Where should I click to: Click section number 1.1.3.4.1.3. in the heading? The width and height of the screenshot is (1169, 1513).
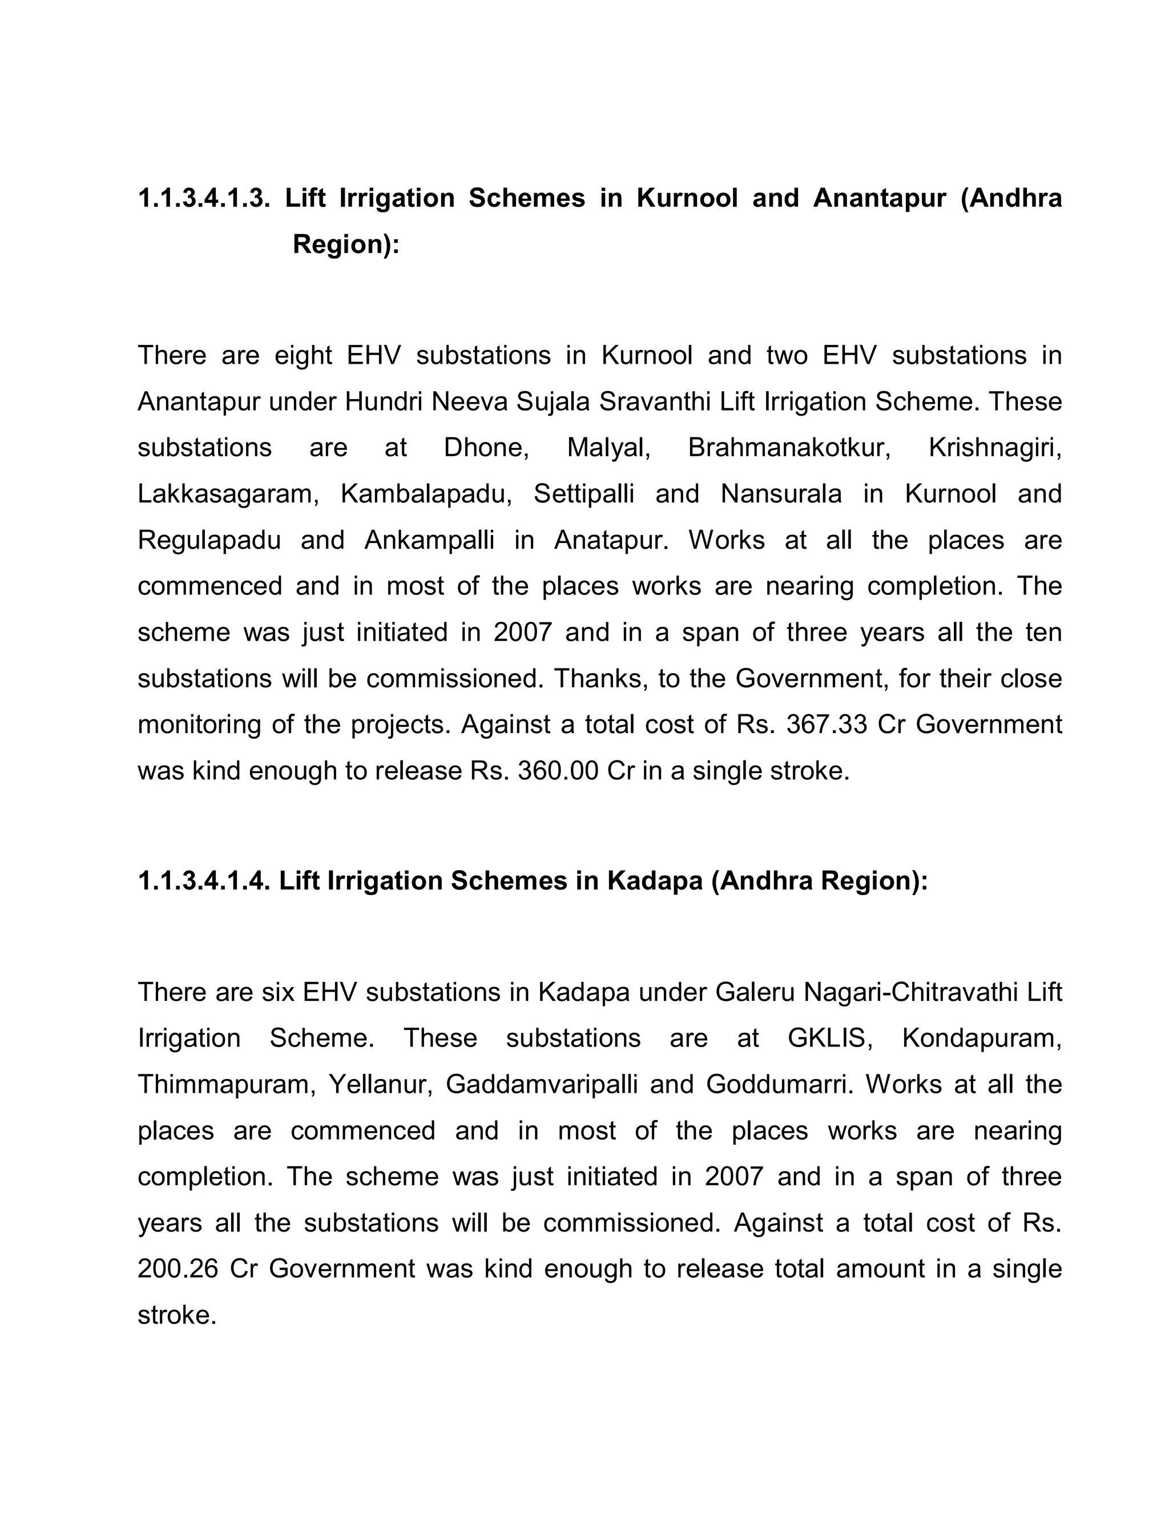point(203,198)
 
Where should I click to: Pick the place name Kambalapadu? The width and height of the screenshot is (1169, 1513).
point(426,494)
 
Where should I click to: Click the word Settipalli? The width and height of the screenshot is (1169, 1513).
point(584,494)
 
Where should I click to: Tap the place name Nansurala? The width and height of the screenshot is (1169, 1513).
point(781,494)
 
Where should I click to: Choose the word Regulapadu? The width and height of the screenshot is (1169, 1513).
point(209,540)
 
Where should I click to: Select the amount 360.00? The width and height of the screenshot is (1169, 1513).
point(558,771)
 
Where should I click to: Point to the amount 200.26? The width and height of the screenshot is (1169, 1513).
point(178,1269)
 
